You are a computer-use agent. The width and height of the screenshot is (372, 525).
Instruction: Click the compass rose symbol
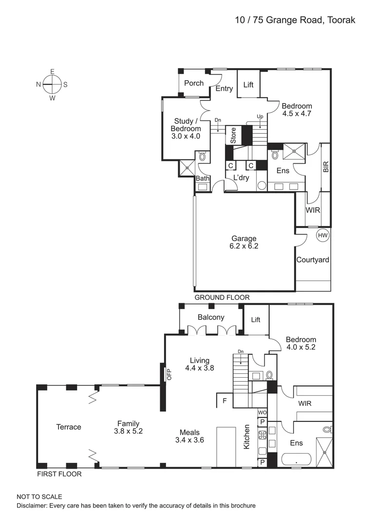click(x=52, y=84)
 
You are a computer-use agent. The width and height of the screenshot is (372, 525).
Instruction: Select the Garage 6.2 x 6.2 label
click(x=244, y=242)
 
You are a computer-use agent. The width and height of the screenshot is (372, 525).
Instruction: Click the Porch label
click(x=194, y=83)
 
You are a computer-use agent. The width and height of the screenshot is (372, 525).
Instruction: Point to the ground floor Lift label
click(x=248, y=85)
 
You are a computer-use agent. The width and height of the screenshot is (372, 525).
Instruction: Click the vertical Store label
click(x=233, y=135)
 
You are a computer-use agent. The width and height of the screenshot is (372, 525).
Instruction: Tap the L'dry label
click(x=241, y=178)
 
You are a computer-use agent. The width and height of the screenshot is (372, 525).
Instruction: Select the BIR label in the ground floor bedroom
click(x=326, y=167)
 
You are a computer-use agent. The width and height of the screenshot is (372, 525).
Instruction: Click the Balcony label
click(x=211, y=317)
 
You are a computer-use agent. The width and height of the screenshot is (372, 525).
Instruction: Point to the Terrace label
click(x=69, y=427)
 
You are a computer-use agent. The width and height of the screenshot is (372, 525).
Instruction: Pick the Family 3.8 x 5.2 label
click(x=128, y=427)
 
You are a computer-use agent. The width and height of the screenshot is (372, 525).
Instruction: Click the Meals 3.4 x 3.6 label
click(x=189, y=436)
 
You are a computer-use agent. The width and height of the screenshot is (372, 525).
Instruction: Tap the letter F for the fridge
click(x=224, y=401)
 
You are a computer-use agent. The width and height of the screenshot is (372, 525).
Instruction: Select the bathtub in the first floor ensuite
click(x=296, y=459)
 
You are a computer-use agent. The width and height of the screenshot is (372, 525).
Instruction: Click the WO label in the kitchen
click(x=262, y=412)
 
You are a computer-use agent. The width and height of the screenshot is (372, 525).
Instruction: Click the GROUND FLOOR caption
click(x=222, y=297)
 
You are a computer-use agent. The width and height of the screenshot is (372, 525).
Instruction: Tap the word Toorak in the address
click(x=340, y=20)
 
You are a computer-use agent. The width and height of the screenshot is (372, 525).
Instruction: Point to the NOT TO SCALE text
click(x=39, y=497)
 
